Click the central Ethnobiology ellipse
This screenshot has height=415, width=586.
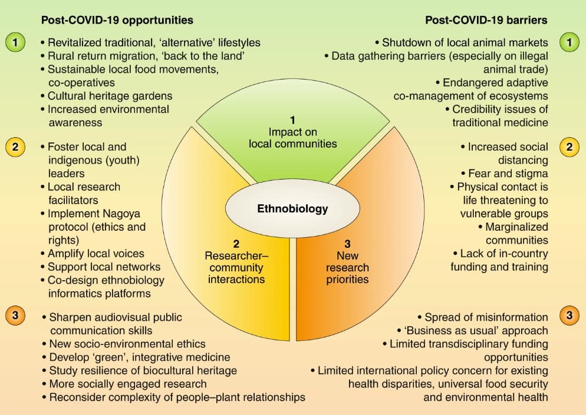pos(292,208)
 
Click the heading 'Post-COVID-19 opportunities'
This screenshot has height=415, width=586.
pos(117,20)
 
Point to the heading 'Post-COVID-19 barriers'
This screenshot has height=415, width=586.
pos(486,20)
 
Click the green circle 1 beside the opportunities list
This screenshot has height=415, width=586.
pos(15,42)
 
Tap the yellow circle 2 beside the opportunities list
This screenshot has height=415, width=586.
pos(15,147)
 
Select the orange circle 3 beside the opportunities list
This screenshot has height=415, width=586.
pos(15,316)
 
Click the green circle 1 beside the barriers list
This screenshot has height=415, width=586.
pos(569,42)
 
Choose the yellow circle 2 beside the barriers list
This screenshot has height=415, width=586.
pos(569,147)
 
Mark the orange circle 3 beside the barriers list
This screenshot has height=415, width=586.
pos(569,316)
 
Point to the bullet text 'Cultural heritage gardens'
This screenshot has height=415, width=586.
pos(110,96)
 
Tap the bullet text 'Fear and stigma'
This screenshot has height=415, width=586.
pos(508,174)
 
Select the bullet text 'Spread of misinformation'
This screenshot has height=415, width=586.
pos(486,317)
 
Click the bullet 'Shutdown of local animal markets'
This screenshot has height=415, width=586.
pos(465,42)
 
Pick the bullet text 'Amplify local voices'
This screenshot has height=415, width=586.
pos(96,254)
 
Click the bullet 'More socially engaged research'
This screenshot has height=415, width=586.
pos(128,384)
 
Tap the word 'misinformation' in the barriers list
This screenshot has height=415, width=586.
pos(510,317)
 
